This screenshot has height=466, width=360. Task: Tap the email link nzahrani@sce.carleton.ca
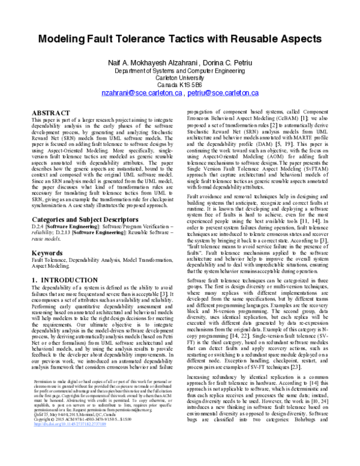(x=141, y=94)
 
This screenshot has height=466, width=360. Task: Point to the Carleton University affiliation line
(x=180, y=77)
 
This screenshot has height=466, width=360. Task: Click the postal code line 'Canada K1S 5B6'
(x=180, y=85)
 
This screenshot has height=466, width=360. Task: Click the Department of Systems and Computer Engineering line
(x=180, y=70)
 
